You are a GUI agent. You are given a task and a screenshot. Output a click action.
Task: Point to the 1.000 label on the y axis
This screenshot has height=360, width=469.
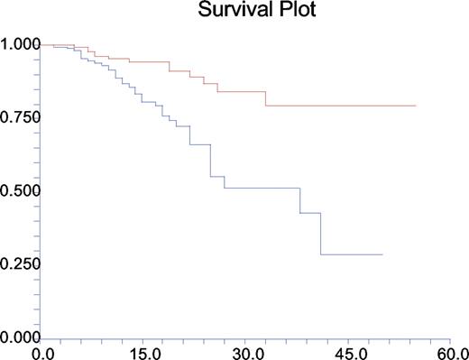click(20, 44)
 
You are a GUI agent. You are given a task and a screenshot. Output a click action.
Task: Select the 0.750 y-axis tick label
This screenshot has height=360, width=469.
click(20, 118)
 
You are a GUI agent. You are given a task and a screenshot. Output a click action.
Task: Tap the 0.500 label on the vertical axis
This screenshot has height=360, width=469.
click(20, 191)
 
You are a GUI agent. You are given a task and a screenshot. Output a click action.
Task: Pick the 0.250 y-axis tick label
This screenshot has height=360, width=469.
click(20, 264)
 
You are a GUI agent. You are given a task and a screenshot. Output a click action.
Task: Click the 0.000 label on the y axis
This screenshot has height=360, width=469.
click(20, 337)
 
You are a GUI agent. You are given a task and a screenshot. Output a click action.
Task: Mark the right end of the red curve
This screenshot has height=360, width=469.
click(416, 106)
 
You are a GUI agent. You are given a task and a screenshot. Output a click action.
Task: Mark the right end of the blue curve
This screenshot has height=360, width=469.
click(382, 254)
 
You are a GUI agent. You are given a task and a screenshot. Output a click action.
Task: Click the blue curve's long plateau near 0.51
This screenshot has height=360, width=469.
click(262, 188)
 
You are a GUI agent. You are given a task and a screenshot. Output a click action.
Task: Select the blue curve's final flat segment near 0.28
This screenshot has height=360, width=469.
click(352, 254)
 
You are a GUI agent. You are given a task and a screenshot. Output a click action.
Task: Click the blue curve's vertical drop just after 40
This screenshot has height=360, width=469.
click(321, 234)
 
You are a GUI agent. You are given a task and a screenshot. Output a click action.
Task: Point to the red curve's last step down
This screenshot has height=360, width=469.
click(266, 98)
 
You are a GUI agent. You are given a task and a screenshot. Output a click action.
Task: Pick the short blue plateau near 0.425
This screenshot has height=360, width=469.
click(310, 213)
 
